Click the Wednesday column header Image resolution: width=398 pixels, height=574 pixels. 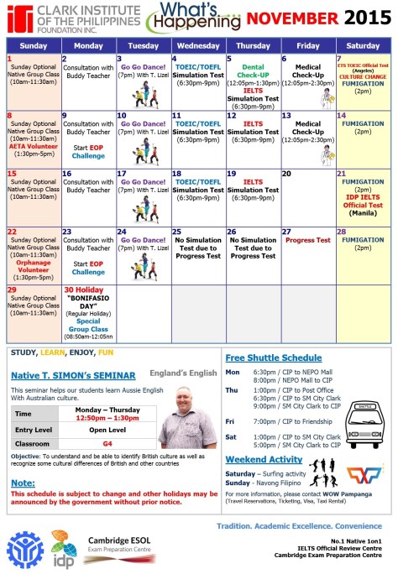tap(197, 44)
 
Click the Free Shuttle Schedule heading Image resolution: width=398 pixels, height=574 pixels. tap(273, 357)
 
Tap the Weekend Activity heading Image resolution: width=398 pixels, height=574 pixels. tap(264, 459)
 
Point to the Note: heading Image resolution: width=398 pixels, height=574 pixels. tap(23, 483)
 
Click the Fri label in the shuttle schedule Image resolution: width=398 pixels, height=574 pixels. tap(231, 420)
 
